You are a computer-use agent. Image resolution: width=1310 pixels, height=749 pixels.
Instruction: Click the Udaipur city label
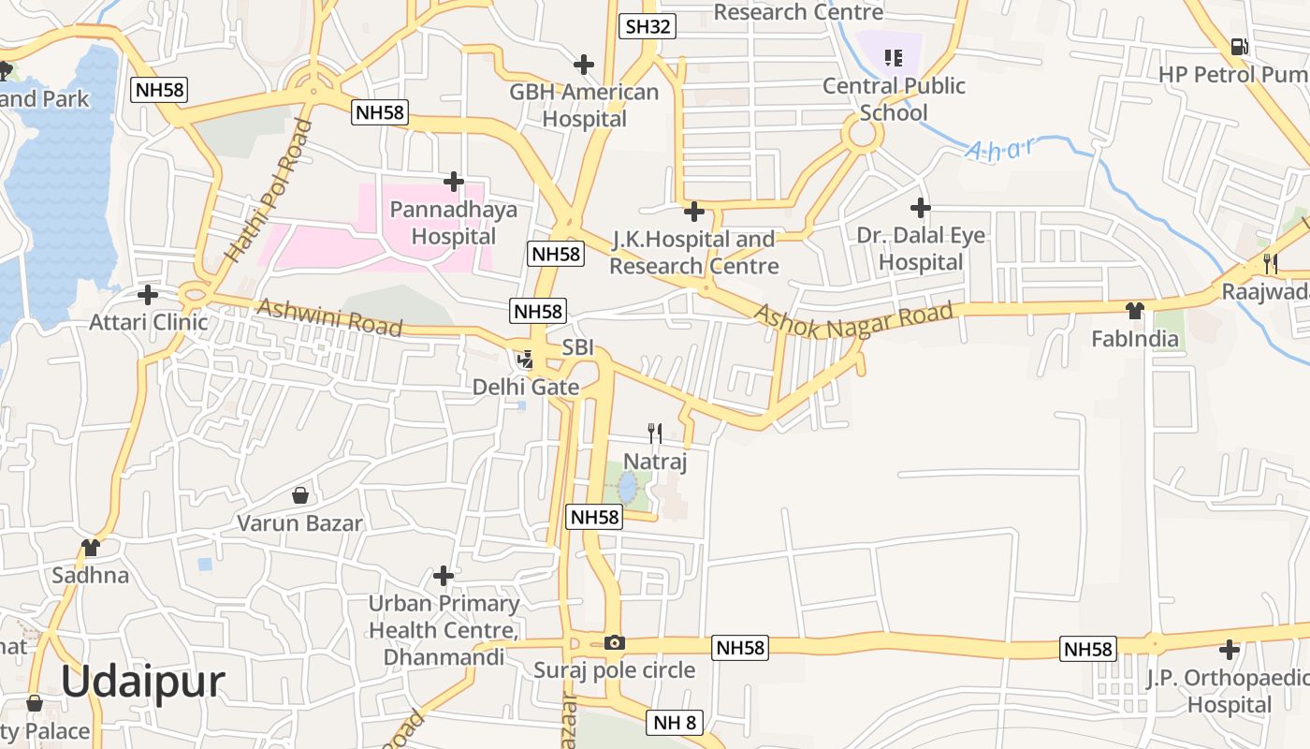pyautogui.click(x=143, y=682)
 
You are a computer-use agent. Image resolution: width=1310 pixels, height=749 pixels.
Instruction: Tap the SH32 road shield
pyautogui.click(x=648, y=26)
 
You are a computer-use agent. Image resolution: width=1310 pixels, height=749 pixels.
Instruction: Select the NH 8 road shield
pyautogui.click(x=674, y=722)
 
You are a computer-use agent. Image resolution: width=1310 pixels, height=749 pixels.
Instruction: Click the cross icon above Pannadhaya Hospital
pyautogui.click(x=454, y=181)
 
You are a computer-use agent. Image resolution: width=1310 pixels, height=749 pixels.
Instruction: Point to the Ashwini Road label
pyautogui.click(x=329, y=317)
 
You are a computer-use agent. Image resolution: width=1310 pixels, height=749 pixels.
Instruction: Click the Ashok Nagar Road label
pyautogui.click(x=853, y=319)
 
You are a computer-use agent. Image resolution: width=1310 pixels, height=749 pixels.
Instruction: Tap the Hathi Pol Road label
pyautogui.click(x=268, y=191)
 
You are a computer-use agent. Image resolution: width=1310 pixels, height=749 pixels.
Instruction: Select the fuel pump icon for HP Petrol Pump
pyautogui.click(x=1239, y=46)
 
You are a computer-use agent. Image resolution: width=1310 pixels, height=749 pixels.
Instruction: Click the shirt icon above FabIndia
pyautogui.click(x=1135, y=310)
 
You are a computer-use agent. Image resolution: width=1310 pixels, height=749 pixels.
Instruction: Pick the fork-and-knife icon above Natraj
pyautogui.click(x=655, y=433)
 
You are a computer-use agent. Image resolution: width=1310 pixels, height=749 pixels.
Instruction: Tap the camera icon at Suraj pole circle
pyautogui.click(x=615, y=642)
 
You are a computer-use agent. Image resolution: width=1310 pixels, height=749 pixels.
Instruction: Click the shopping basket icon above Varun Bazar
pyautogui.click(x=300, y=495)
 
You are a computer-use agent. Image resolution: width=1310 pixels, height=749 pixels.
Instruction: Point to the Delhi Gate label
pyautogui.click(x=526, y=387)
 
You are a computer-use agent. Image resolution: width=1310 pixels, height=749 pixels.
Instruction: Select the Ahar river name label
pyautogui.click(x=1001, y=149)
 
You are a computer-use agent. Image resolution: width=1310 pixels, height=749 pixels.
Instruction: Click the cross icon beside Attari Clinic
pyautogui.click(x=148, y=295)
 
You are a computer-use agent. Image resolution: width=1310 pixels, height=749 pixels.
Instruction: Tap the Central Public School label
pyautogui.click(x=894, y=99)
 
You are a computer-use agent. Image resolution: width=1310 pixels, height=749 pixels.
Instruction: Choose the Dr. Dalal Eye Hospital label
pyautogui.click(x=921, y=248)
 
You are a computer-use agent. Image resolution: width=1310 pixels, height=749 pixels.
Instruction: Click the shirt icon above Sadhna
pyautogui.click(x=90, y=547)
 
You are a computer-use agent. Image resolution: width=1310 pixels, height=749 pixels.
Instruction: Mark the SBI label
pyautogui.click(x=578, y=347)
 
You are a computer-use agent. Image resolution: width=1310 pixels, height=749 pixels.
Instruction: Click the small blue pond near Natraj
pyautogui.click(x=627, y=487)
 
